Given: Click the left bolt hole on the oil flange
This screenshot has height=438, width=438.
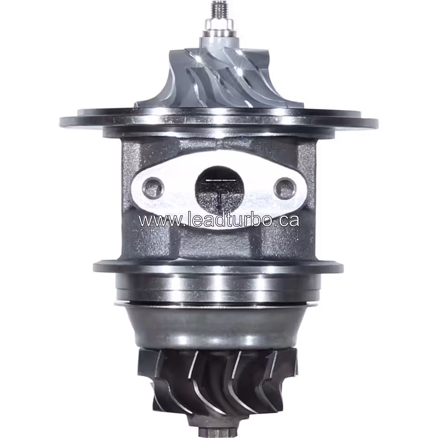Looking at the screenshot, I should point(153,187).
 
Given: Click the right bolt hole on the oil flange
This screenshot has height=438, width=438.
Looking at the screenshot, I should point(284,187).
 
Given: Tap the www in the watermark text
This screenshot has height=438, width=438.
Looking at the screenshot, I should point(156,221).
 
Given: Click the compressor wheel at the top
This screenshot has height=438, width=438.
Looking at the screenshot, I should point(219,79).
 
